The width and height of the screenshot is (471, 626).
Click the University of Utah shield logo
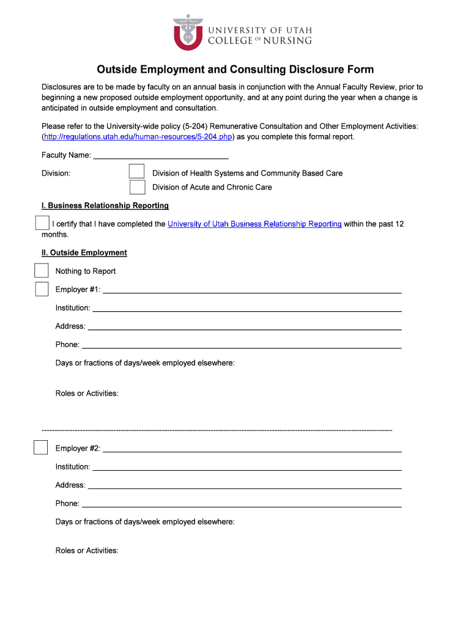188,33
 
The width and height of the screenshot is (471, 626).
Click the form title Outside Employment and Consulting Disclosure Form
236,70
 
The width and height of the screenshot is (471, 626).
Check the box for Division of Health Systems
137,172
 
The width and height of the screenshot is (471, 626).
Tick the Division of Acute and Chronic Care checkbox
137,187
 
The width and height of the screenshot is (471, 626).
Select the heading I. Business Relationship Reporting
105,205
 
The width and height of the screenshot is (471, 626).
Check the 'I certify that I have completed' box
42,223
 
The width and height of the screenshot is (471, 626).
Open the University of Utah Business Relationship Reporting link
254,224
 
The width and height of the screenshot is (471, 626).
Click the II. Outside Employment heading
84,252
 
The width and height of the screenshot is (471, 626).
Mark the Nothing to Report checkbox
42,271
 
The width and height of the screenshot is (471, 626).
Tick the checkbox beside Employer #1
42,289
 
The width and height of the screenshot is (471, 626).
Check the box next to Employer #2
40,447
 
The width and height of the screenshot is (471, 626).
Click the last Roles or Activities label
87,550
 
